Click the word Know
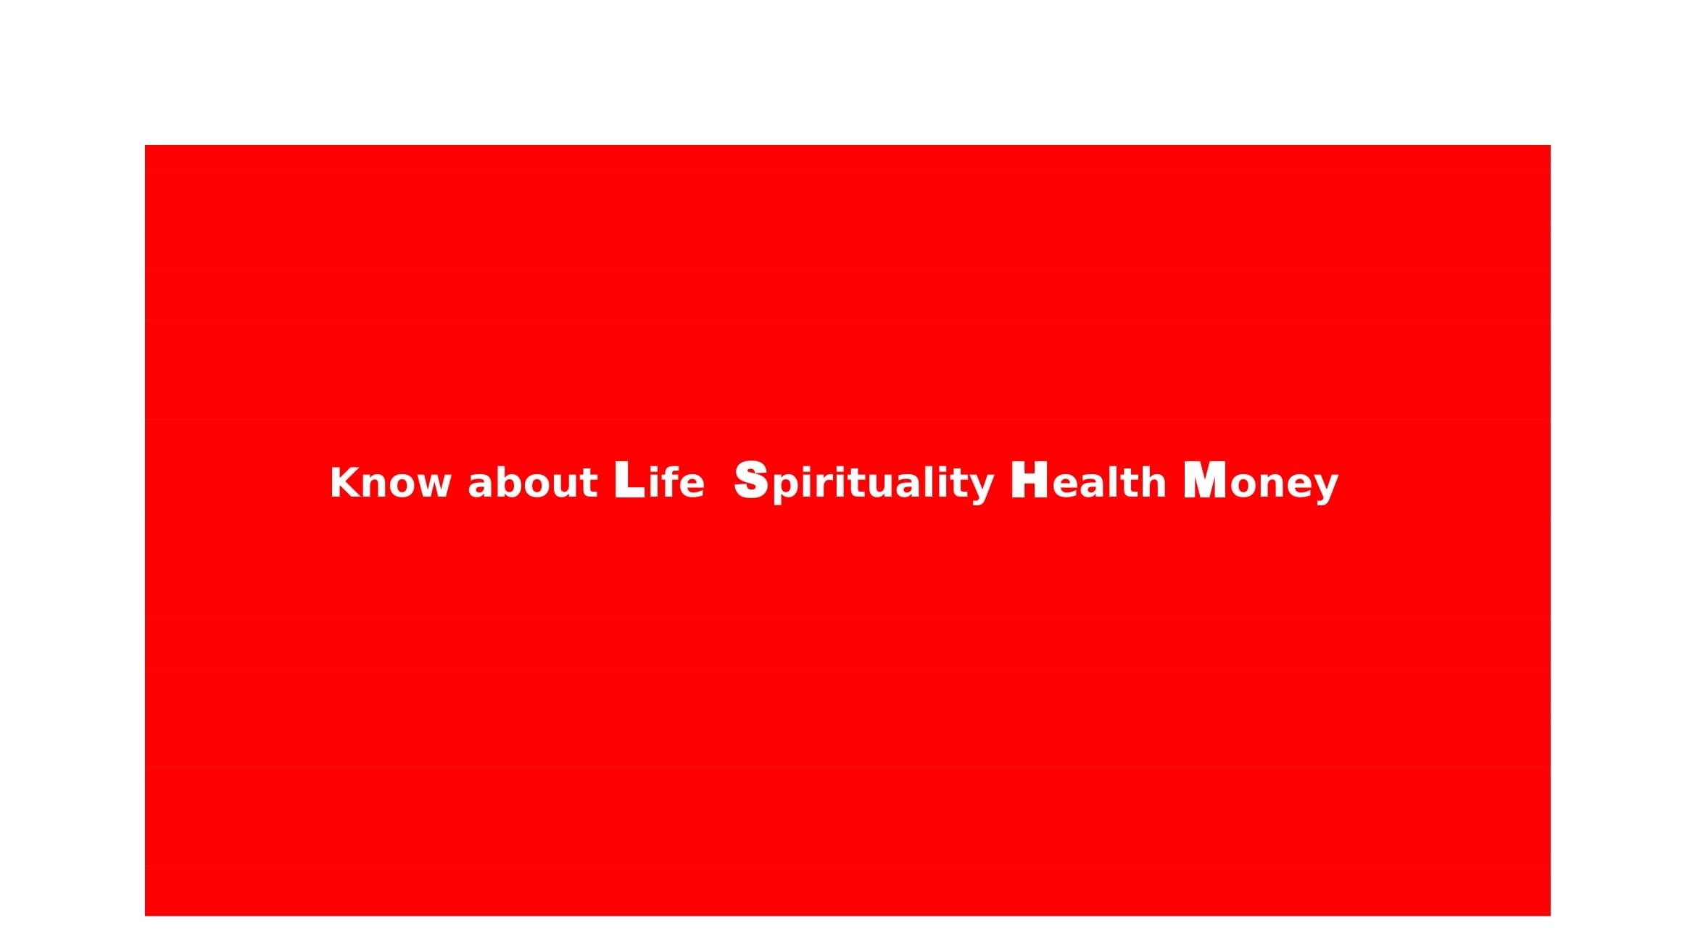391,483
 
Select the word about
533,481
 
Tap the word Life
659,480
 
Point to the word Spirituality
864,482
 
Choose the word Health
1088,480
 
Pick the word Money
1261,482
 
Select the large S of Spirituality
751,480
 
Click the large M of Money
1205,480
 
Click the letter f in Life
672,481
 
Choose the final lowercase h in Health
1153,481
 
